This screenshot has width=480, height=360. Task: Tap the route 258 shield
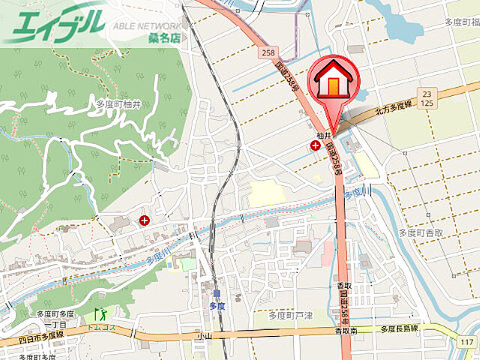[x=269, y=52]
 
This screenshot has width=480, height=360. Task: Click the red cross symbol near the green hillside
[x=143, y=220]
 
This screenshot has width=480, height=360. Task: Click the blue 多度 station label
[x=216, y=305]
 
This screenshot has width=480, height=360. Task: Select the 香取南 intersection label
[x=346, y=331]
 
